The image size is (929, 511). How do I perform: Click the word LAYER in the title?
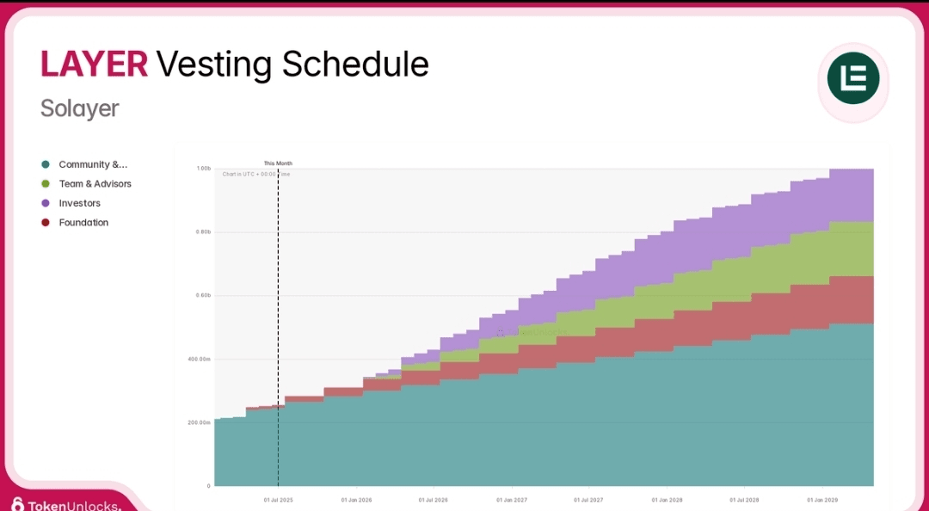click(x=94, y=65)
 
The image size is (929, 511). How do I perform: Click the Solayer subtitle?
click(x=79, y=109)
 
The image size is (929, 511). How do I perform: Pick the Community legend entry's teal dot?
click(x=46, y=164)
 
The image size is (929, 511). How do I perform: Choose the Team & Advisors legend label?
click(x=95, y=184)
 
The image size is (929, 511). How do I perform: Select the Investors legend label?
click(x=79, y=203)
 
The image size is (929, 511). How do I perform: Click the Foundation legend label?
click(x=83, y=223)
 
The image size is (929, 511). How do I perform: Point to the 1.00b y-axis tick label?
click(x=204, y=169)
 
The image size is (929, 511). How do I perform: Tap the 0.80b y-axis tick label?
click(x=204, y=232)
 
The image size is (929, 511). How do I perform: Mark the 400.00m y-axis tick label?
click(x=200, y=359)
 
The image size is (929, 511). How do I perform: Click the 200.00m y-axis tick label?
click(x=200, y=422)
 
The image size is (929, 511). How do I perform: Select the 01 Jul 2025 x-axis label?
click(x=278, y=499)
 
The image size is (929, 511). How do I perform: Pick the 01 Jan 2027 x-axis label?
click(x=512, y=499)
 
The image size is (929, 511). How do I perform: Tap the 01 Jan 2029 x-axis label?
click(x=822, y=499)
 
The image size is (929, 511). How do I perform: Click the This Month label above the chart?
click(x=278, y=163)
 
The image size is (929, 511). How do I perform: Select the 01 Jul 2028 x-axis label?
click(x=744, y=499)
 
